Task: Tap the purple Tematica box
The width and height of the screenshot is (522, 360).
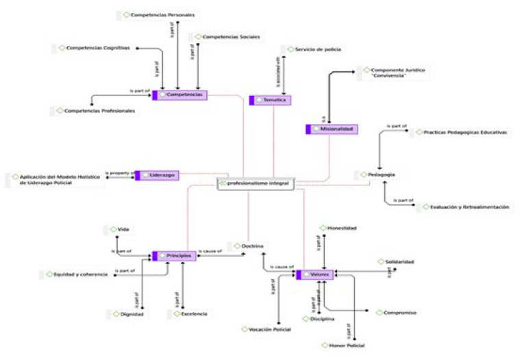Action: [x=271, y=101]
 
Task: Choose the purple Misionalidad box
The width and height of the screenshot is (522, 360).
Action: [x=332, y=129]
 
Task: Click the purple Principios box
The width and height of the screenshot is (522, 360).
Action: [x=174, y=255]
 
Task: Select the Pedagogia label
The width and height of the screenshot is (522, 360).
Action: [x=380, y=175]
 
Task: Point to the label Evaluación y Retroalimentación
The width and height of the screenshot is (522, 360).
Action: [x=465, y=206]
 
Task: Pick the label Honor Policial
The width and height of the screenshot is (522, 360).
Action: [x=346, y=346]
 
